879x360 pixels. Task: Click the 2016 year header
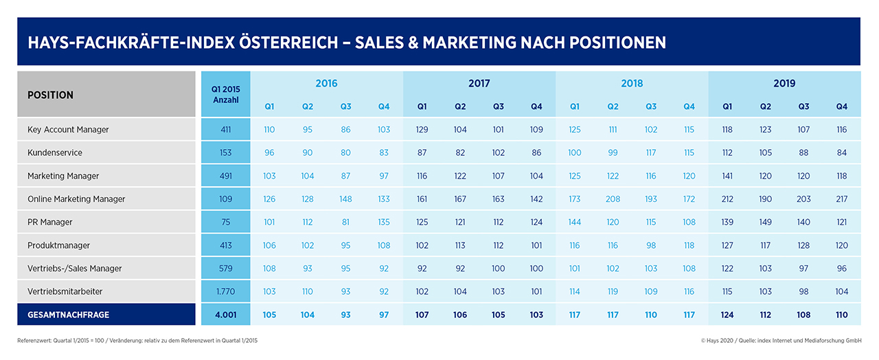[x=326, y=83]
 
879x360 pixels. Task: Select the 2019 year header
[x=784, y=83]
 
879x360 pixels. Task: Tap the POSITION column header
[x=50, y=95]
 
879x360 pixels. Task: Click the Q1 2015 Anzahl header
[x=226, y=95]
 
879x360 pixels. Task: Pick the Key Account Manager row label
[x=68, y=129]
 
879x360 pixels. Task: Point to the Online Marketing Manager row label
[x=77, y=199]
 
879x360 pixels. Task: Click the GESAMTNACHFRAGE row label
[x=68, y=315]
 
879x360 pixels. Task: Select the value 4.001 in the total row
[x=226, y=315]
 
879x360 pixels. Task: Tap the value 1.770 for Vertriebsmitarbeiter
[x=226, y=291]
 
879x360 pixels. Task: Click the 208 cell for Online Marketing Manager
[x=613, y=199]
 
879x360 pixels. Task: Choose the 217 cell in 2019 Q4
[x=842, y=199]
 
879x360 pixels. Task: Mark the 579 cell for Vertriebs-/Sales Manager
[x=226, y=268]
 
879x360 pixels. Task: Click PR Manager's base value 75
[x=226, y=222]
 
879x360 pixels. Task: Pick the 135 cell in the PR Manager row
[x=384, y=222]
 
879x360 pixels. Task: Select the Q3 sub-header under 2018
[x=651, y=106]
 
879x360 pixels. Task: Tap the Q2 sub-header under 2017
[x=460, y=106]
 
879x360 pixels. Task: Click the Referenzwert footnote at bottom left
[x=137, y=340]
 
